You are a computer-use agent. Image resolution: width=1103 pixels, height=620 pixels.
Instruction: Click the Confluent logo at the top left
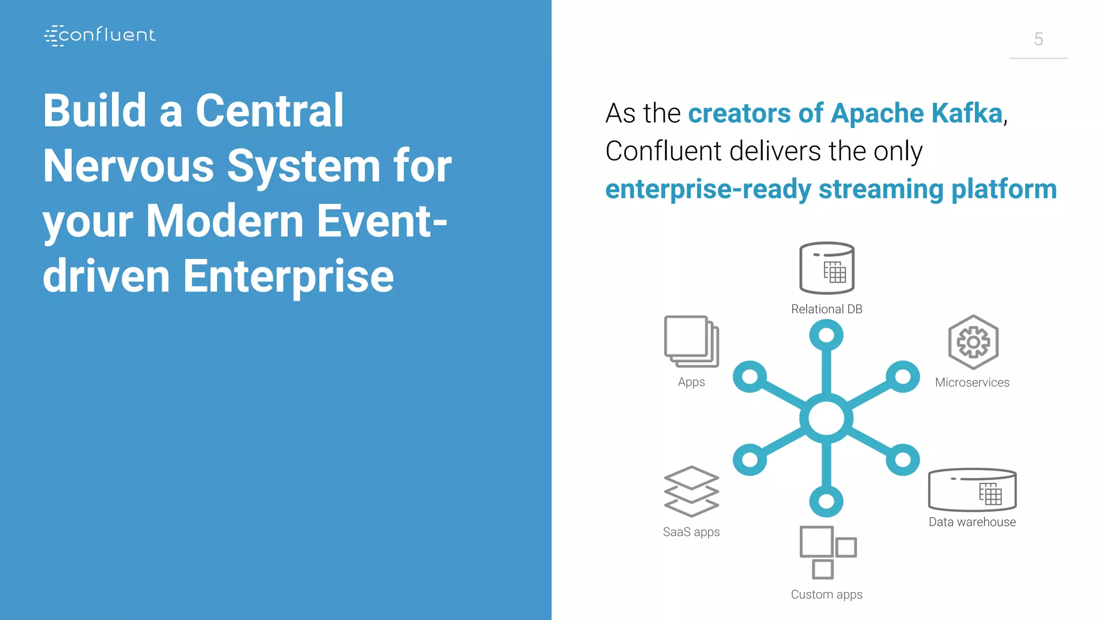coord(100,36)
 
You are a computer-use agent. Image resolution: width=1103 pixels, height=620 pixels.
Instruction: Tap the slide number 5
coord(1038,39)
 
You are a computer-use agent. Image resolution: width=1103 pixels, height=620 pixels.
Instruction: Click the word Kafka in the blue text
coord(966,114)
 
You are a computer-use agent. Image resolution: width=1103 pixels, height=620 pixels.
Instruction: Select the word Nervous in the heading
coord(128,166)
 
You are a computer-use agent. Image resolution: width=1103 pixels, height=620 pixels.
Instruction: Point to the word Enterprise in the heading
coord(288,276)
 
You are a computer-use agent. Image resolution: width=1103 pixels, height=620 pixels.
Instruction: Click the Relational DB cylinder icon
coord(827,268)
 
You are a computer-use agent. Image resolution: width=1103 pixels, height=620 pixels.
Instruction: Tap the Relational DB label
coord(827,309)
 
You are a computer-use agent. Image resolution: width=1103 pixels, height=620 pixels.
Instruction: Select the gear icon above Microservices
coord(973,342)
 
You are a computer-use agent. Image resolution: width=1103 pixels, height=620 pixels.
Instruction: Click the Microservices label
coord(972,383)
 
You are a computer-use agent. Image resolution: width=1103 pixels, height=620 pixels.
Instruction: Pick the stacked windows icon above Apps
coord(692,342)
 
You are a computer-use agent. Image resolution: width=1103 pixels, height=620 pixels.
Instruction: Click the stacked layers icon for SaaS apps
coord(692,491)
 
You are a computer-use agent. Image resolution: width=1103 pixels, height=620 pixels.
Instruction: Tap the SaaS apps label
coord(691,532)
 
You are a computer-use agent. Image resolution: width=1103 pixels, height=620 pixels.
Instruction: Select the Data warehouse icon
coord(972,490)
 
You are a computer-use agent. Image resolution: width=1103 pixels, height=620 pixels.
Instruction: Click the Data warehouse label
coord(972,522)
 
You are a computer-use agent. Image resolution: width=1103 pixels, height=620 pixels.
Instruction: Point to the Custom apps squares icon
coord(827,552)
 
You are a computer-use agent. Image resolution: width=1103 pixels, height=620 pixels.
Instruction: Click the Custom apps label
coord(827,595)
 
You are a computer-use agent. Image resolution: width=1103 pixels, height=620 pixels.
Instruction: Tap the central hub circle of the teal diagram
coord(826,419)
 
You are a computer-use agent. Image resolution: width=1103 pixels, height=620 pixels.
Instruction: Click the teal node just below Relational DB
coord(826,336)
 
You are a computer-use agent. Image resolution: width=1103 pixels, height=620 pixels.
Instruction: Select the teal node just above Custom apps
coord(826,502)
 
